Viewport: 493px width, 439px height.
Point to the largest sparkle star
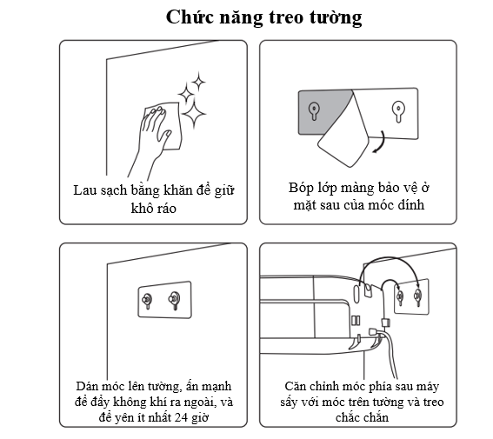[x=194, y=114]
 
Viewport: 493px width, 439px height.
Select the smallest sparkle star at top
[x=199, y=82]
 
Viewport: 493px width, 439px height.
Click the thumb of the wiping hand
[x=166, y=137]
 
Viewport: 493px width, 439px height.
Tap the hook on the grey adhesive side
[x=314, y=111]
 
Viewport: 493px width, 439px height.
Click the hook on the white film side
[x=398, y=111]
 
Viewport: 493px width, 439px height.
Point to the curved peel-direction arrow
[x=381, y=143]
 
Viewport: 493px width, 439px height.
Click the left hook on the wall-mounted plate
[x=147, y=301]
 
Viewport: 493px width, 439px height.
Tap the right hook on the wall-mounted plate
[x=174, y=299]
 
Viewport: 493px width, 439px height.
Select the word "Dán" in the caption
[x=85, y=386]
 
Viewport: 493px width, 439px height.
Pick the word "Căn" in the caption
[x=295, y=386]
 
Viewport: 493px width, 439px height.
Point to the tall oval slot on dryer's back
[x=356, y=294]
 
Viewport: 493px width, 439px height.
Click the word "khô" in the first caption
[x=141, y=208]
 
